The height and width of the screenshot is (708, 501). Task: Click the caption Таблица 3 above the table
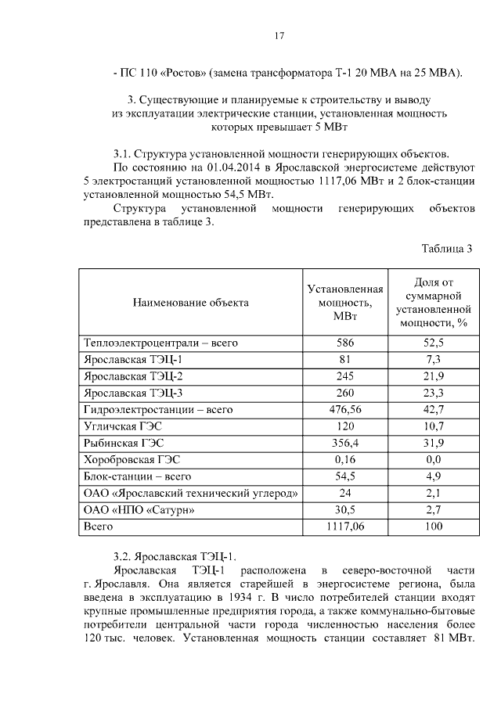point(447,250)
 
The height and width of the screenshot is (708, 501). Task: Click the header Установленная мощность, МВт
point(344,302)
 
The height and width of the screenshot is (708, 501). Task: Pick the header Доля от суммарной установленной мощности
point(434,302)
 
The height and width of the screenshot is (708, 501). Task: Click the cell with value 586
point(344,343)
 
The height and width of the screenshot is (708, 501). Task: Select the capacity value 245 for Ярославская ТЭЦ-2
point(344,376)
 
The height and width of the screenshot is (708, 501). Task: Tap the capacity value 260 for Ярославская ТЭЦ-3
point(344,393)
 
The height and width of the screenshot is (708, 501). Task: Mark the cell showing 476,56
point(344,409)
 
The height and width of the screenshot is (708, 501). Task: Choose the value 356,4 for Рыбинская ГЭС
point(344,443)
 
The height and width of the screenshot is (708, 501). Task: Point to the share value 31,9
point(434,443)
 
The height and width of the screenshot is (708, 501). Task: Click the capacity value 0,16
point(344,460)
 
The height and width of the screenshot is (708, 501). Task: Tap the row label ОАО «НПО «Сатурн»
point(139,510)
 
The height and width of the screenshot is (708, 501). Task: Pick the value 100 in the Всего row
point(434,527)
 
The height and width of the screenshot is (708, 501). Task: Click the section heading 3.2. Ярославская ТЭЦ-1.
point(174,556)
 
